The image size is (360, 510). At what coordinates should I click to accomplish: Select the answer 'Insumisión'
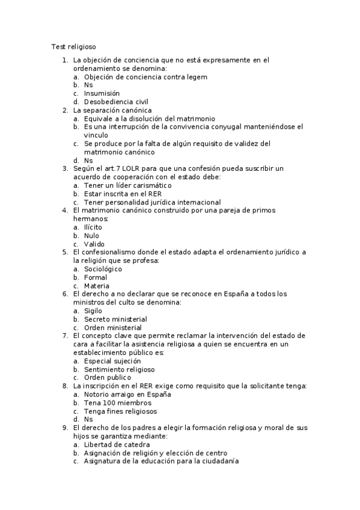[102, 94]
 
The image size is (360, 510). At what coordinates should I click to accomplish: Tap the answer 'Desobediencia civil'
[116, 102]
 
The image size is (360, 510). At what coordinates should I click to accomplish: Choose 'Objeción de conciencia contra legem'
[145, 77]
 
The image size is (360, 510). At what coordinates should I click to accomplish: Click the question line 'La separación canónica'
[112, 111]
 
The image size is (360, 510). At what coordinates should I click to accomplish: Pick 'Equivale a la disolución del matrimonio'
[150, 119]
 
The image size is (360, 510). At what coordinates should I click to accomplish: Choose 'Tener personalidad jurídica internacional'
[153, 203]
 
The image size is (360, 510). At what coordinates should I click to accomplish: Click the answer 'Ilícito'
[93, 227]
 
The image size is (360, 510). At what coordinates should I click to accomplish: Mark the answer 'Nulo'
[92, 236]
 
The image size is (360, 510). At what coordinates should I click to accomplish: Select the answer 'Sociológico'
[103, 269]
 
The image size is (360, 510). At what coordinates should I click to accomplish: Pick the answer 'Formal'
[96, 278]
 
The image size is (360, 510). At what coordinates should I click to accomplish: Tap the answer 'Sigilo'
[93, 311]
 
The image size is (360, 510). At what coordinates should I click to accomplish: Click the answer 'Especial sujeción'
[112, 361]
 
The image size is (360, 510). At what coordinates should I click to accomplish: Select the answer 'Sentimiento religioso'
[119, 369]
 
